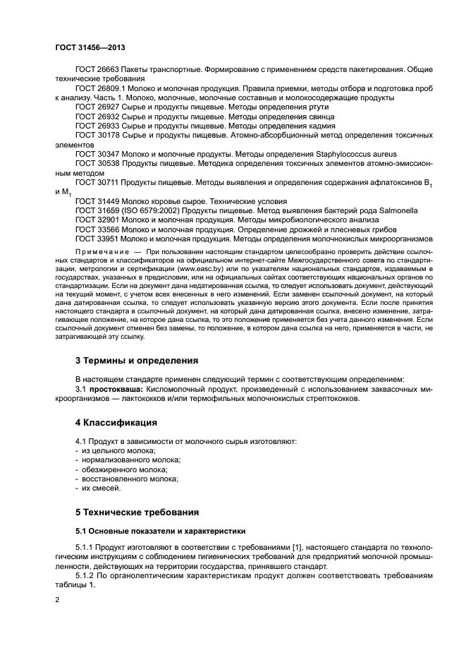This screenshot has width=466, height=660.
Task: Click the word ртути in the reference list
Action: click(318, 107)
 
